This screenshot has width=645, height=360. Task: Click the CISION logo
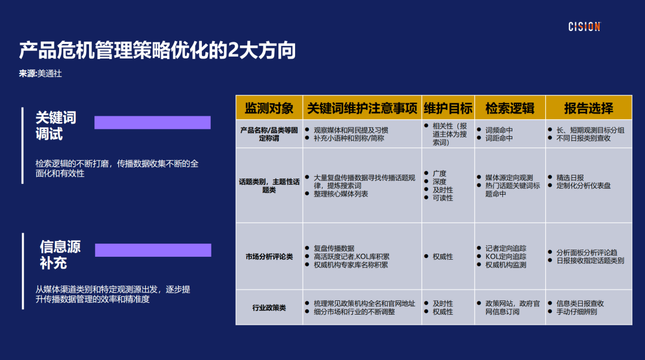tap(584, 27)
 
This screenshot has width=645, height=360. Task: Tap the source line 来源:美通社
tap(41, 73)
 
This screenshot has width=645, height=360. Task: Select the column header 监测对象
tap(269, 108)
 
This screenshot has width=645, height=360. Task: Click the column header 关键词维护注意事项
tap(362, 108)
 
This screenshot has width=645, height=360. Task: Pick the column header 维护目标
tap(448, 108)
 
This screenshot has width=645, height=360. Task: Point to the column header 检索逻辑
tap(509, 108)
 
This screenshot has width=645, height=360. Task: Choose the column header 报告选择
tap(588, 108)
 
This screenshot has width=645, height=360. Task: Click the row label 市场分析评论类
tap(269, 257)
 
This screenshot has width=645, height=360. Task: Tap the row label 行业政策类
tap(269, 308)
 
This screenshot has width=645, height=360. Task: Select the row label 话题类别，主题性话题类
tap(269, 186)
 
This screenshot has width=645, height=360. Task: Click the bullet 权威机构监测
tap(505, 265)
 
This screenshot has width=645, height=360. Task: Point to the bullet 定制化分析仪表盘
tap(583, 186)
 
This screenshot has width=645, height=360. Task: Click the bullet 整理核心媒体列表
tap(341, 194)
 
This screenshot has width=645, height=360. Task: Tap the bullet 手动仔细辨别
tap(576, 312)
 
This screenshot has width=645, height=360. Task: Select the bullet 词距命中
tap(499, 138)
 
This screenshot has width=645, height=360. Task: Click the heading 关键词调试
tap(56, 125)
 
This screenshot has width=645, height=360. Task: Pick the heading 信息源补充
tap(60, 254)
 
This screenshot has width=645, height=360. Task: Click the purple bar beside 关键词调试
tap(152, 122)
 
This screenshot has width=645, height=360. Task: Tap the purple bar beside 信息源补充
tap(153, 250)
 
